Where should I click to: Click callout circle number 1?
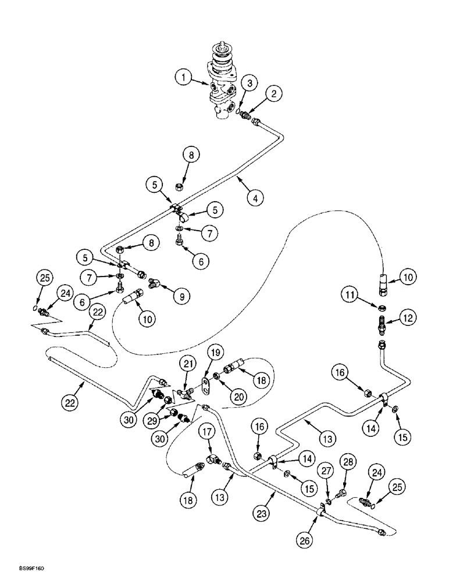184,78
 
